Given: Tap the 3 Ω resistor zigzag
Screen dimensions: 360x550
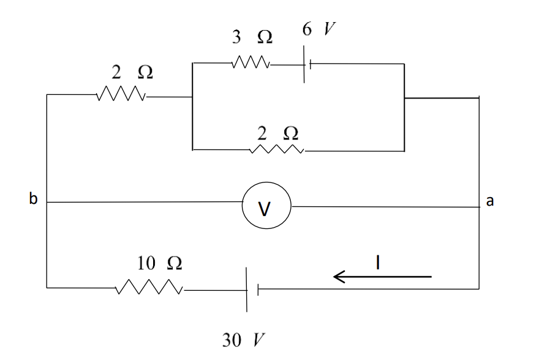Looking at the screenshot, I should pyautogui.click(x=250, y=63).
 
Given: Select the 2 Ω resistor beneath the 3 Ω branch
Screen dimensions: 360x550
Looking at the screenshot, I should pyautogui.click(x=277, y=150).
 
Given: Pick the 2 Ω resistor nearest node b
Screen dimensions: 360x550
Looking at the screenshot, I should pyautogui.click(x=121, y=95).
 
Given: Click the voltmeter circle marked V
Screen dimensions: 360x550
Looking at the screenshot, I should pyautogui.click(x=266, y=208).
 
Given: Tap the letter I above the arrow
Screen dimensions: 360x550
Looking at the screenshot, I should pyautogui.click(x=379, y=263).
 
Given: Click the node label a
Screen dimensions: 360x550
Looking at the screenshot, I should pyautogui.click(x=489, y=202).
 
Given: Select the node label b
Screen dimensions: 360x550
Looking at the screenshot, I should pyautogui.click(x=32, y=199).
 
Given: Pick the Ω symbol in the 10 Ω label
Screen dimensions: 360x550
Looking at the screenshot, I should pyautogui.click(x=174, y=263).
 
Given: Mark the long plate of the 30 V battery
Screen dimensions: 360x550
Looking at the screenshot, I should pyautogui.click(x=247, y=289).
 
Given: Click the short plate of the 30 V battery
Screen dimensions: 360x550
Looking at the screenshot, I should pyautogui.click(x=258, y=289).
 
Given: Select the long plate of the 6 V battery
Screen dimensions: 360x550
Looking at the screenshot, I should pyautogui.click(x=305, y=63).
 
